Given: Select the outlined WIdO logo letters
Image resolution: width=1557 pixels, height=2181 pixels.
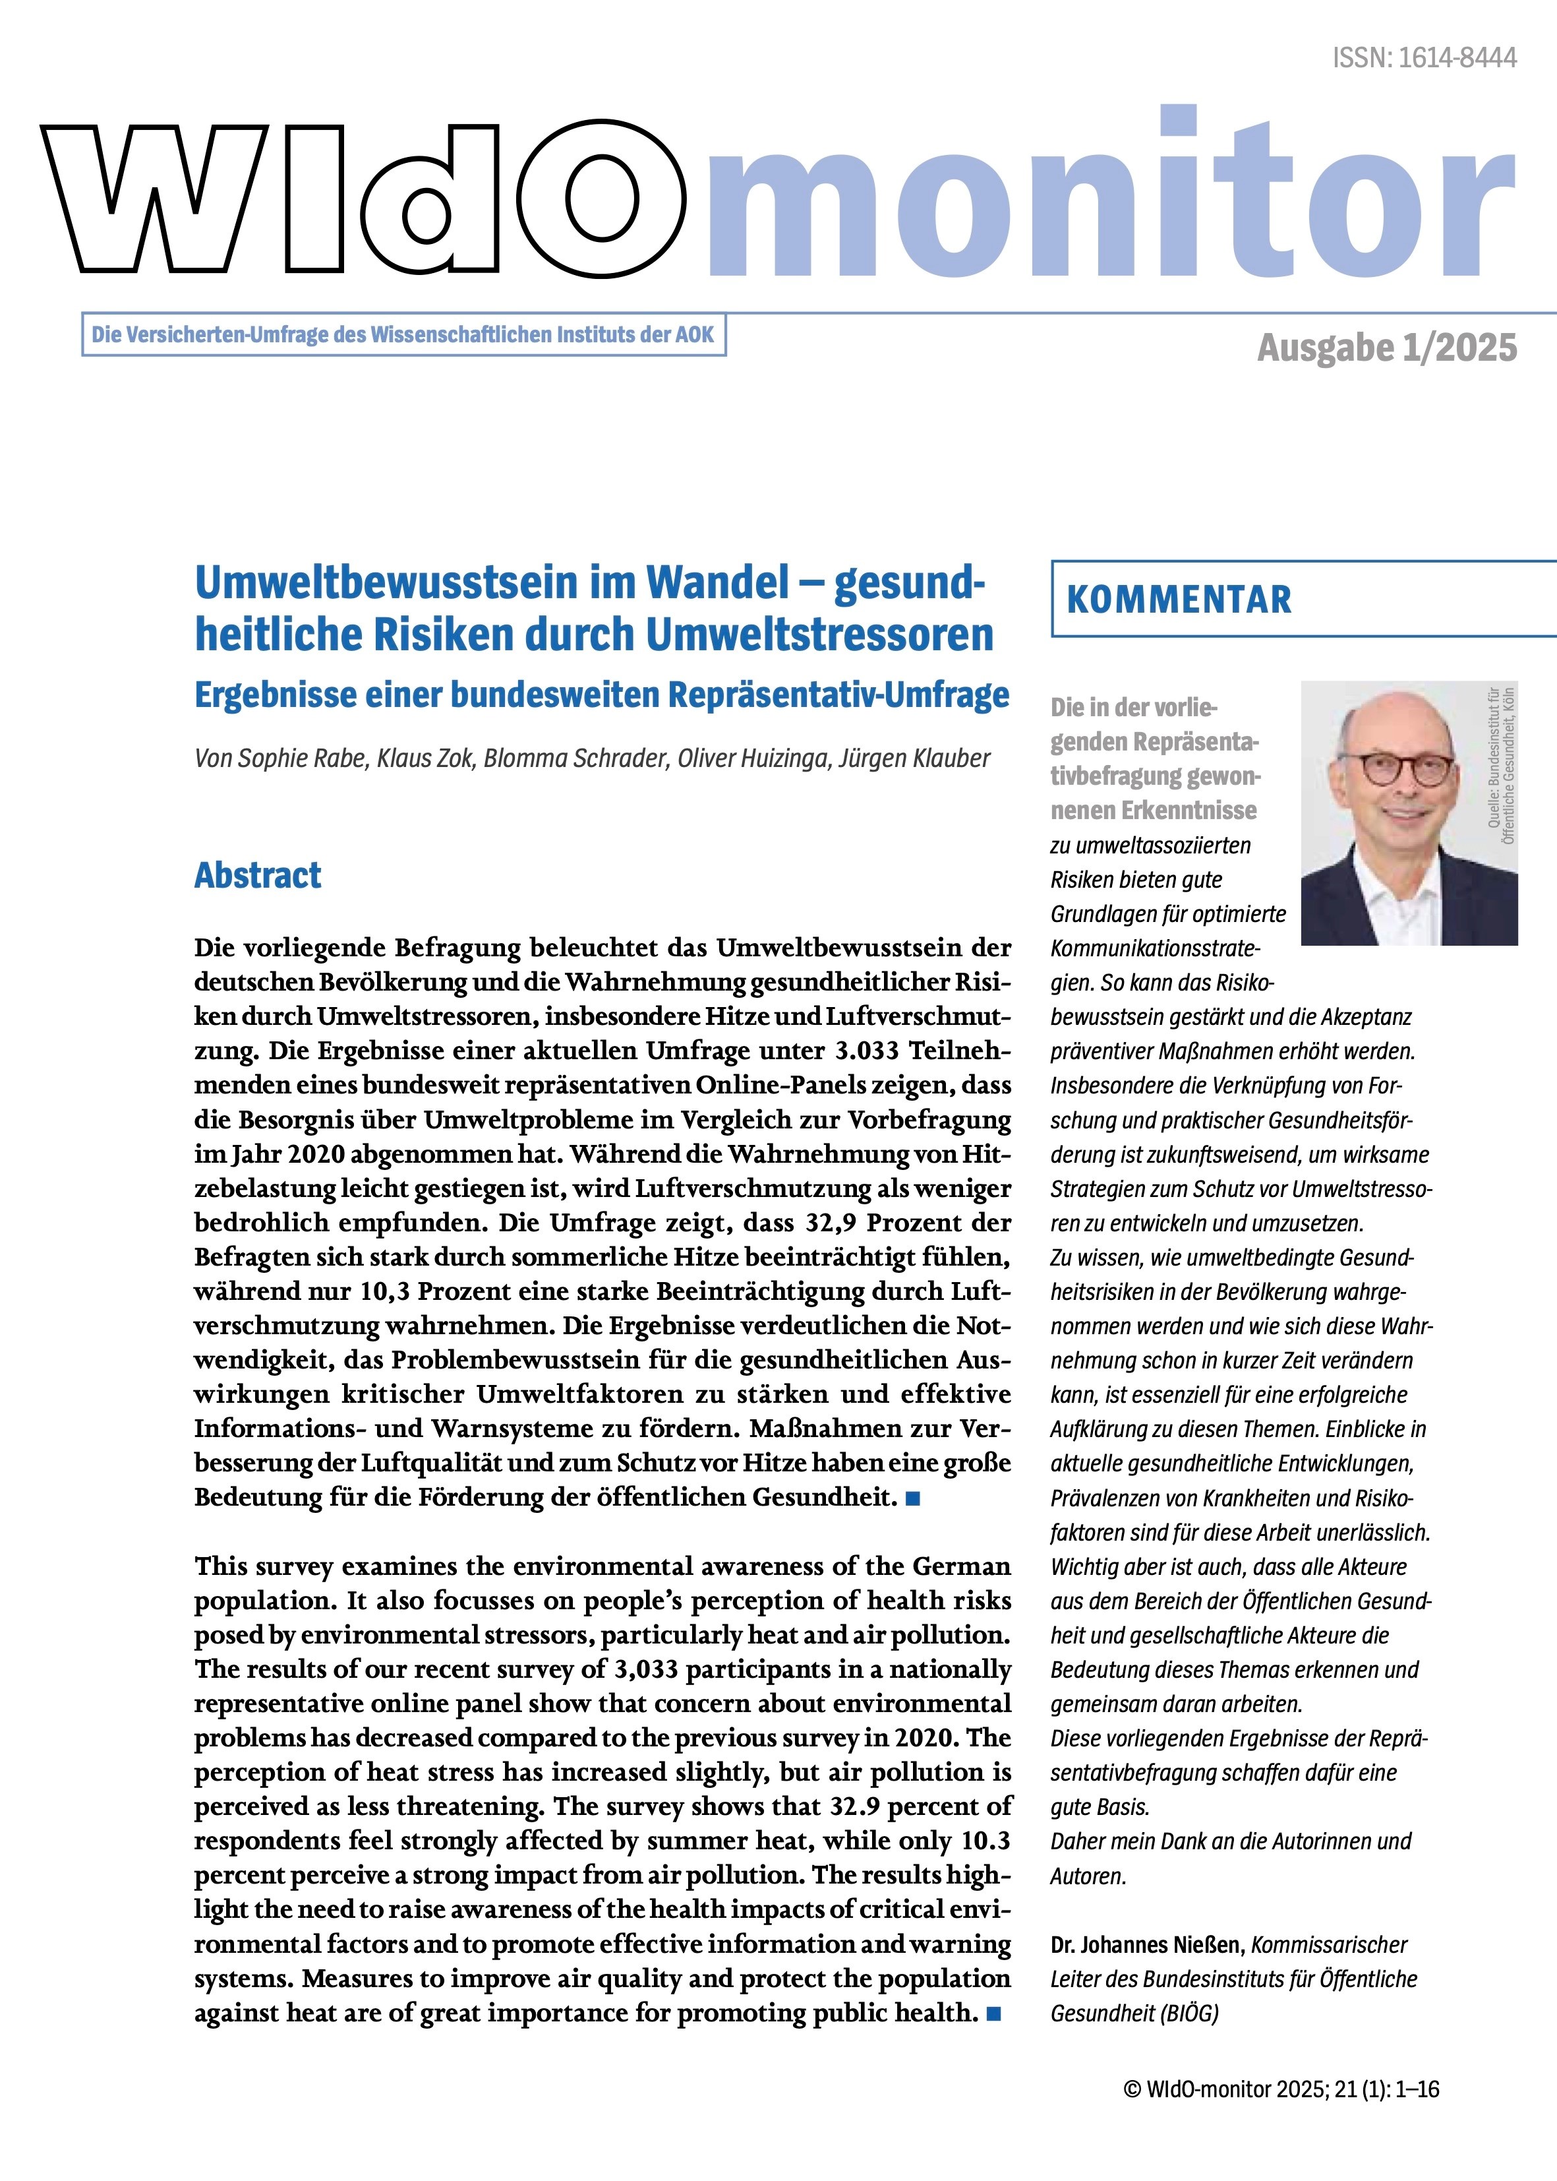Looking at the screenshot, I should pyautogui.click(x=365, y=197).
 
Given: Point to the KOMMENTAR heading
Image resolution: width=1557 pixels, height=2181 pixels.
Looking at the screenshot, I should pyautogui.click(x=1179, y=599).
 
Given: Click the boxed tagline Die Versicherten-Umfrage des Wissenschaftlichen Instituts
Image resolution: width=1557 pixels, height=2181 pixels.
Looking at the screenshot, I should pyautogui.click(x=403, y=336).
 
